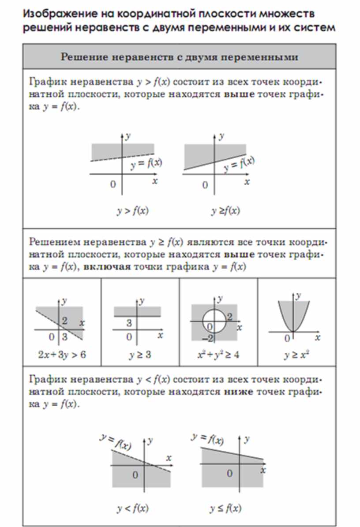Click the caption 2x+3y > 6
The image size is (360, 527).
62,355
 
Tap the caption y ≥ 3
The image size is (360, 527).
140,355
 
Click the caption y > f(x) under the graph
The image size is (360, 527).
132,211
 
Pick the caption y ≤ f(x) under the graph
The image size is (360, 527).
225,508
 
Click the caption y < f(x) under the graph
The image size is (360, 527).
132,508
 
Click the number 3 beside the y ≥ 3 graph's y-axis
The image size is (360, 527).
129,323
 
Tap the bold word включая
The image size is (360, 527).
106,267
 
